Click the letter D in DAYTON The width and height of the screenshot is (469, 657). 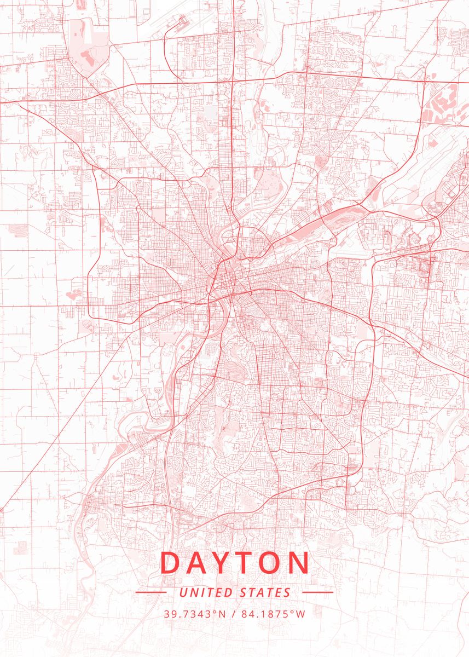coord(171,562)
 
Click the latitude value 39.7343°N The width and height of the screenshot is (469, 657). coord(194,614)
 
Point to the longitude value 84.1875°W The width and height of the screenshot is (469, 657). coord(273,614)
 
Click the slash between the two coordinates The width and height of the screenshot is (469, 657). coord(234,614)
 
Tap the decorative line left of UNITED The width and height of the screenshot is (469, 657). coord(150,592)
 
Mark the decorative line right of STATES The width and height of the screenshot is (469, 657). coord(317,592)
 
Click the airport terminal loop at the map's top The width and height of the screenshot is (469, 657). coord(181,22)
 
